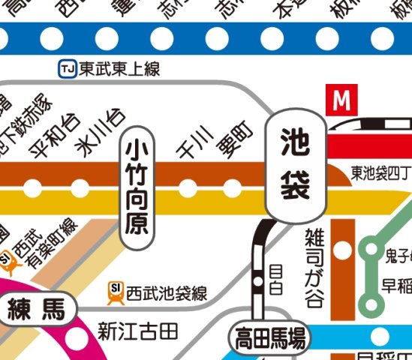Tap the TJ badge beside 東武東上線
[67, 70]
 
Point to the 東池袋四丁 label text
[380, 173]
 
